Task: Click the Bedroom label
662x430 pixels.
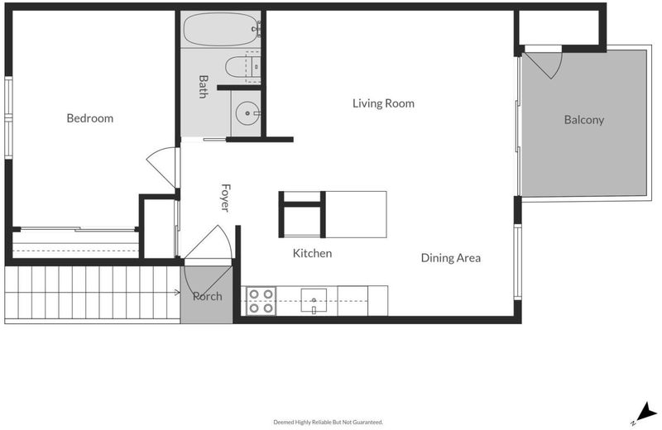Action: coord(90,118)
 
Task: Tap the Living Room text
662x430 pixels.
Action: coord(383,103)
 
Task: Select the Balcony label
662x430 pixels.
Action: coord(584,120)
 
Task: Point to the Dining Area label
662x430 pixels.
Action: coord(450,258)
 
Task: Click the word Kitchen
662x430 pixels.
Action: coord(312,253)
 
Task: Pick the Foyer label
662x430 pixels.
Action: coord(225,198)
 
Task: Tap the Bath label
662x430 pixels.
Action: coord(203,87)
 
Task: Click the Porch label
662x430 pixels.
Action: coord(208,296)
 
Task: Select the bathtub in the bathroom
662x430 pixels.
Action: coord(222,29)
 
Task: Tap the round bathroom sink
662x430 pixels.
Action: coord(247,113)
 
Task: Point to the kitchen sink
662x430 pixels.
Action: coord(314,300)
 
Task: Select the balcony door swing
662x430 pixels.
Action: coord(544,64)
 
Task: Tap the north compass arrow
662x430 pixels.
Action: coord(645,413)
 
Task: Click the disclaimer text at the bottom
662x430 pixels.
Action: coord(328,422)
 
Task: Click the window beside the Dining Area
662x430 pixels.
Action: coord(518,261)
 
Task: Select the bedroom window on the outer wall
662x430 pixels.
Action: coord(8,117)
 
